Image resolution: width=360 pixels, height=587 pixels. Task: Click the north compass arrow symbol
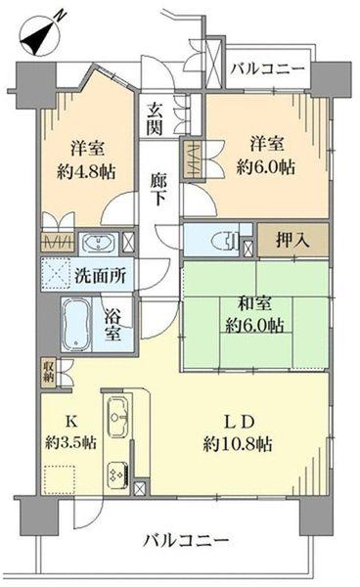click(x=38, y=36)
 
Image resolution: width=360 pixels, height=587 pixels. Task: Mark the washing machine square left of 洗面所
click(x=56, y=275)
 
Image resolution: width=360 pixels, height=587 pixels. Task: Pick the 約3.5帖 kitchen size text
click(x=69, y=441)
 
